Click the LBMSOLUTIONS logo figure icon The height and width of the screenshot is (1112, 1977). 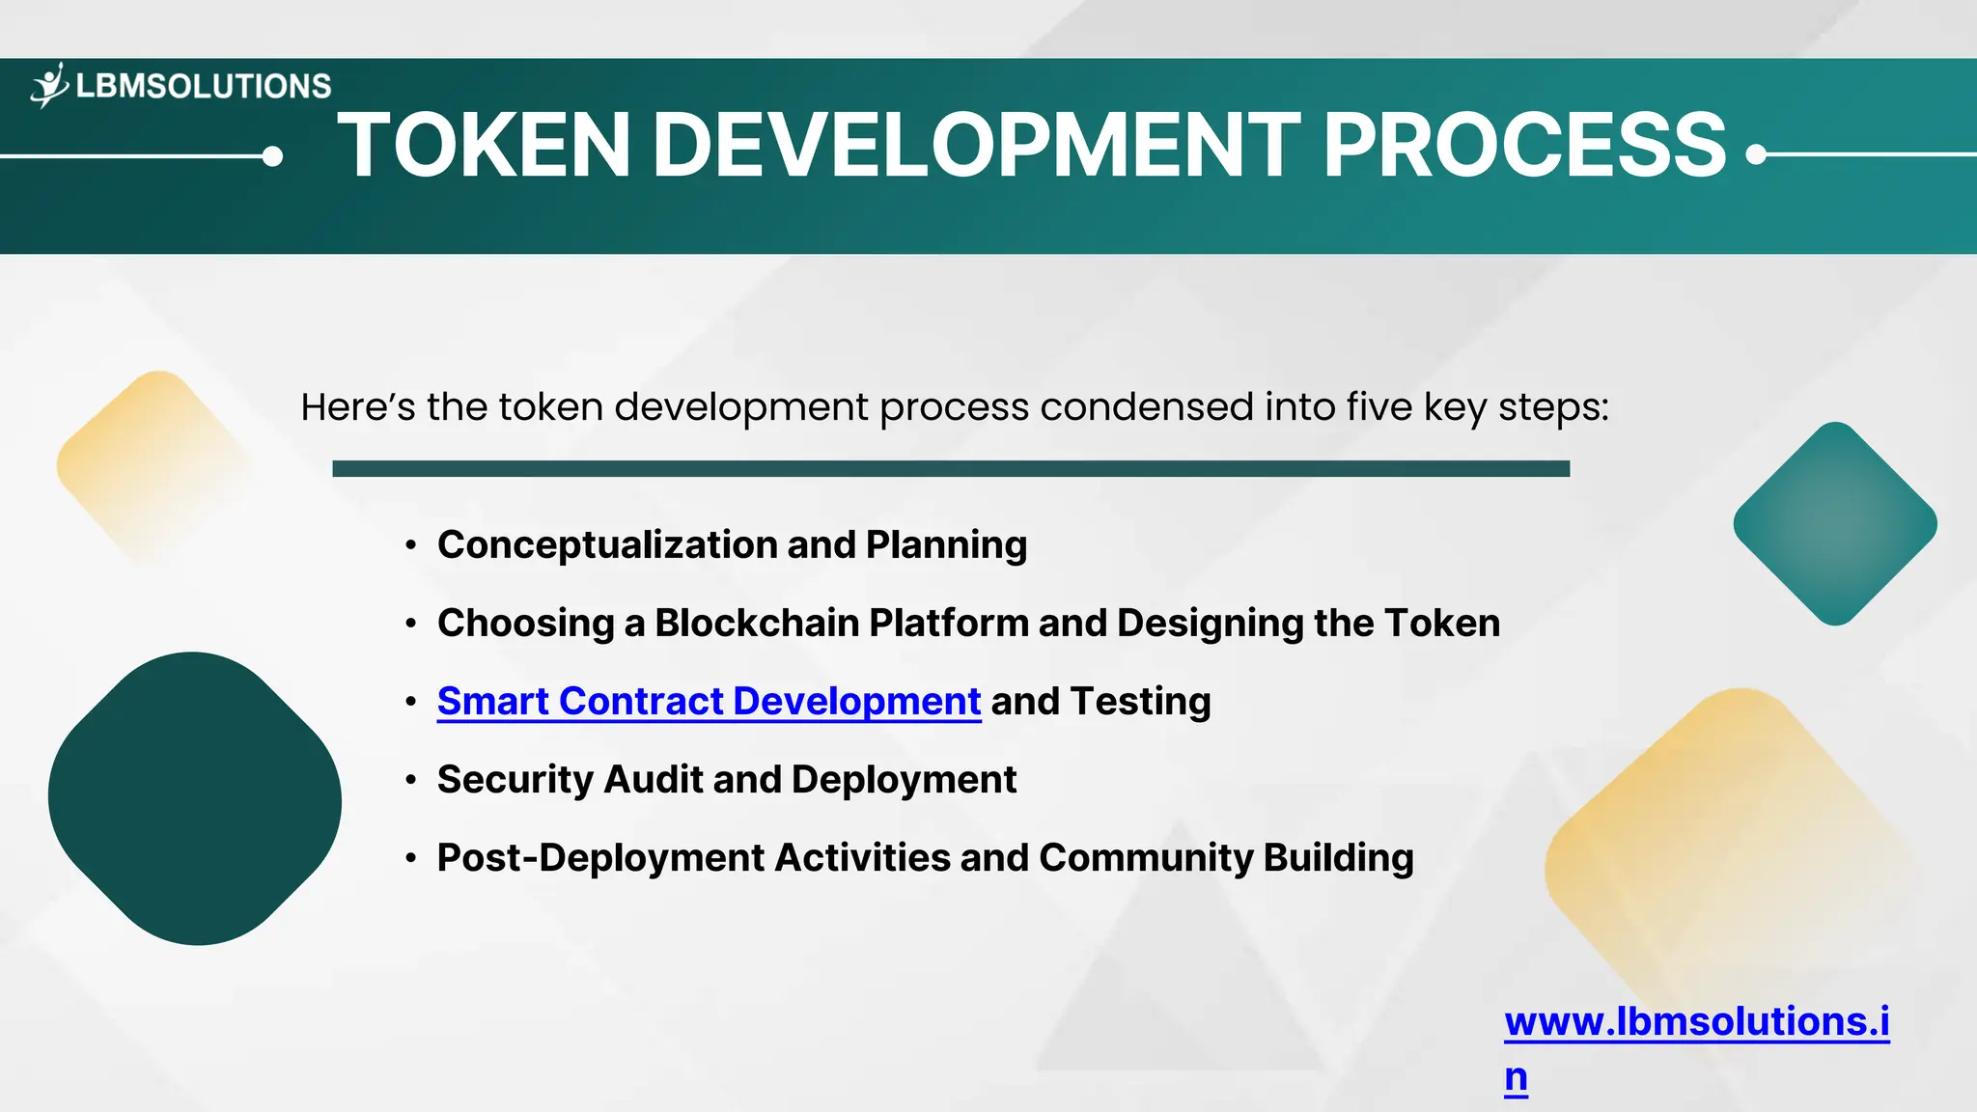pyautogui.click(x=49, y=86)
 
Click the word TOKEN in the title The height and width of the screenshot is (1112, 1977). pyautogui.click(x=484, y=146)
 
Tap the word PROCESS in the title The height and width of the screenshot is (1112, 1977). pyautogui.click(x=1523, y=146)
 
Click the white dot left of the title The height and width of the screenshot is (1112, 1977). pyautogui.click(x=273, y=156)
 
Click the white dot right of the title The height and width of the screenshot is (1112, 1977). pyautogui.click(x=1756, y=154)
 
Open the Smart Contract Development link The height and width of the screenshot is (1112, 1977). pyautogui.click(x=709, y=702)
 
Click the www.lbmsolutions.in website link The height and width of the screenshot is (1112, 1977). pyautogui.click(x=1696, y=1022)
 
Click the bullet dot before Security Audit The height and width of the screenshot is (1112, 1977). pyautogui.click(x=411, y=780)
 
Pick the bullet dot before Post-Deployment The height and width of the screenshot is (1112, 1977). pyautogui.click(x=411, y=858)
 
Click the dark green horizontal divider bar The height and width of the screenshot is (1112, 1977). pyautogui.click(x=951, y=469)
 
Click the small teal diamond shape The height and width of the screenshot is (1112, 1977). pyautogui.click(x=1835, y=524)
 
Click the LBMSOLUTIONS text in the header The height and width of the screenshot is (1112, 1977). pyautogui.click(x=203, y=87)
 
